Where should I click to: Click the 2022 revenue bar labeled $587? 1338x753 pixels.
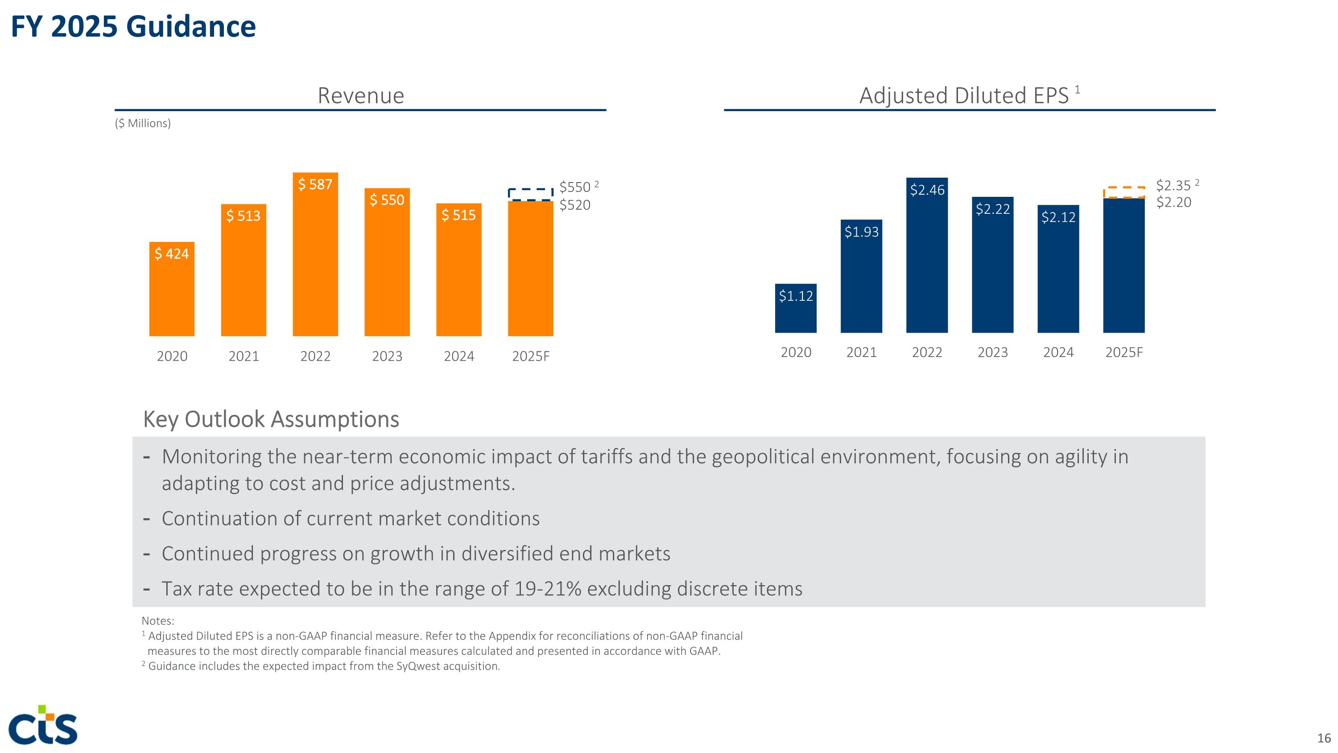pyautogui.click(x=315, y=254)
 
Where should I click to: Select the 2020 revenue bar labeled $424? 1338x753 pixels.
pyautogui.click(x=172, y=289)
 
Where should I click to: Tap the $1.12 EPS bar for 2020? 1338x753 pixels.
pyautogui.click(x=795, y=308)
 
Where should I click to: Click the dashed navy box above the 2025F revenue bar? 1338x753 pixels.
pyautogui.click(x=530, y=194)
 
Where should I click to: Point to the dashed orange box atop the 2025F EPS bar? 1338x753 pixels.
pyautogui.click(x=1124, y=192)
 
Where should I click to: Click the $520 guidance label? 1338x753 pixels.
pyautogui.click(x=574, y=205)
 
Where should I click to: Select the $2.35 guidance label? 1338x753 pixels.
pyautogui.click(x=1173, y=186)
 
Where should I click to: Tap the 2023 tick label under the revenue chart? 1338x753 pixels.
pyautogui.click(x=387, y=357)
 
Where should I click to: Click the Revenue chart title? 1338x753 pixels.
pyautogui.click(x=360, y=96)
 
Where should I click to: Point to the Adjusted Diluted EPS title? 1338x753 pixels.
pyautogui.click(x=964, y=96)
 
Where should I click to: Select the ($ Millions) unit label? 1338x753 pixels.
pyautogui.click(x=143, y=123)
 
